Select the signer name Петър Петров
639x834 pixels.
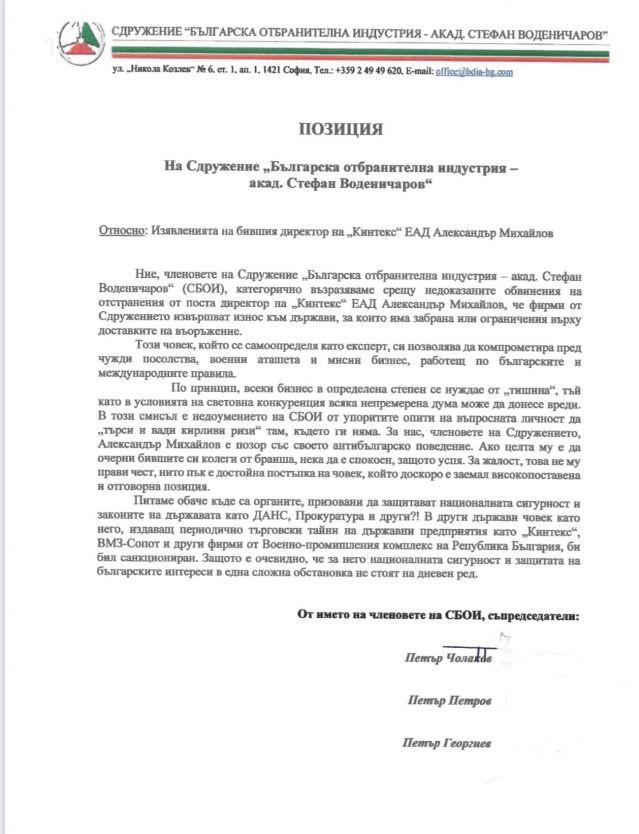pyautogui.click(x=447, y=699)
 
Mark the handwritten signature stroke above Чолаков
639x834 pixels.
pyautogui.click(x=504, y=645)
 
